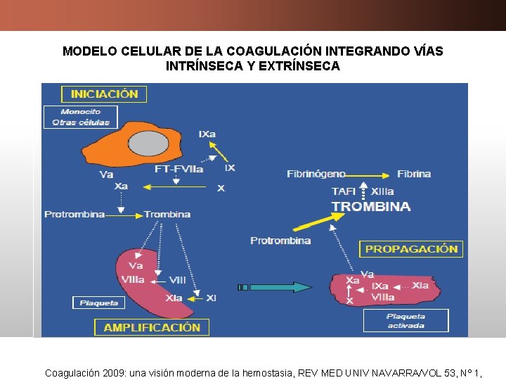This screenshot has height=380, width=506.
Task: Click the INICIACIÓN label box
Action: point(104,94)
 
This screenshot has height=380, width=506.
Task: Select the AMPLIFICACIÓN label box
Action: point(152,327)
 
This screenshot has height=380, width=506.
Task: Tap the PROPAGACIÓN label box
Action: point(412,248)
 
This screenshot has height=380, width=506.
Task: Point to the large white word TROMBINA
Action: point(371,207)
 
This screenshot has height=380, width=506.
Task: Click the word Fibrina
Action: point(414,174)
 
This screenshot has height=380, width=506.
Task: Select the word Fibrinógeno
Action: point(316,174)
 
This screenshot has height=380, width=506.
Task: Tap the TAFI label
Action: point(344,191)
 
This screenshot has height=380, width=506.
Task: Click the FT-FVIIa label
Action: point(179,169)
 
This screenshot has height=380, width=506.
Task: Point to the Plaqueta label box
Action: point(98,303)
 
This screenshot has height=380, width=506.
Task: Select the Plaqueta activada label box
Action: point(406,321)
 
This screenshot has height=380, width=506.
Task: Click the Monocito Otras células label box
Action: point(81,117)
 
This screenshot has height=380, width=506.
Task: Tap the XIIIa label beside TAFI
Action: point(382,191)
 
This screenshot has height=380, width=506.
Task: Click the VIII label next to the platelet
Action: point(178,280)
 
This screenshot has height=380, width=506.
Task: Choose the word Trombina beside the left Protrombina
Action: point(167,214)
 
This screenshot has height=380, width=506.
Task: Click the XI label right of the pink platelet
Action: point(211,298)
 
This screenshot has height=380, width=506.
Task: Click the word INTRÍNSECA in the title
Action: point(200,66)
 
